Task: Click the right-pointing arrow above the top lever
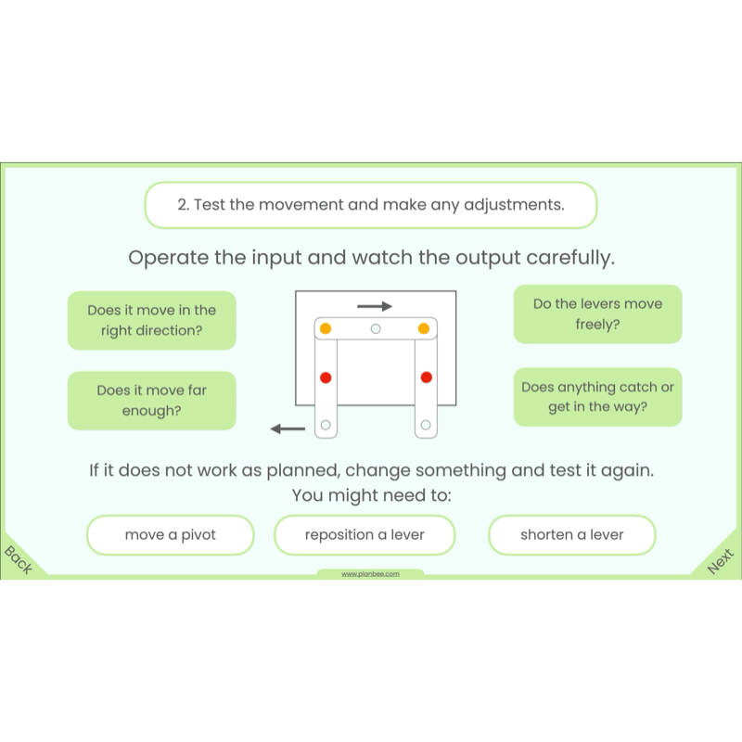point(375,306)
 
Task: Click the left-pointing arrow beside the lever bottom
point(288,429)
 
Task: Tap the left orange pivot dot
point(326,328)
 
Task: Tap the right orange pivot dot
point(424,328)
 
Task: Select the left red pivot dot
point(326,377)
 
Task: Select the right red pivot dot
point(427,377)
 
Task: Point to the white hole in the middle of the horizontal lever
point(376,328)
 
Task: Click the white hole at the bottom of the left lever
point(326,425)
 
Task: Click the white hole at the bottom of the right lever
point(426,425)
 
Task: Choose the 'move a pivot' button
point(171,535)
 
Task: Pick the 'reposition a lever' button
point(365,535)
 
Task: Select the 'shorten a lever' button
point(572,535)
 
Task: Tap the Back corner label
point(18,560)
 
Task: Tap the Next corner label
point(721,561)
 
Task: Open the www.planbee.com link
point(370,574)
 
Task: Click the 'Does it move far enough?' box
point(152,401)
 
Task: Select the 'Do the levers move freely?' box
point(597,313)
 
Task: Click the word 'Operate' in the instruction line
point(169,258)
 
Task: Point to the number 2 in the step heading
point(182,205)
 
